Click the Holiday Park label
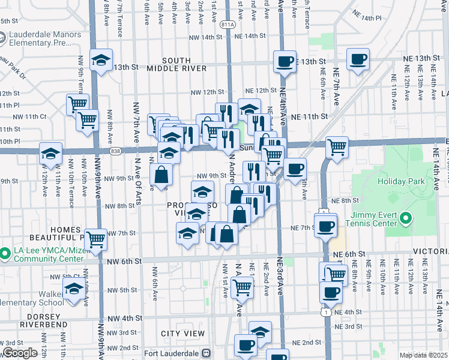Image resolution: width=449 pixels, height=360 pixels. [x=400, y=181]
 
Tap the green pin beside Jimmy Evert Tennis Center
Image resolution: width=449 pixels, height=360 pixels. [x=406, y=218]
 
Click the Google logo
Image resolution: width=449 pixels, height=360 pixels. [x=19, y=353]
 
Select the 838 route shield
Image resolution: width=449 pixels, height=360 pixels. [x=116, y=152]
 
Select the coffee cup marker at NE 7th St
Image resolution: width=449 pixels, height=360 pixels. [x=326, y=226]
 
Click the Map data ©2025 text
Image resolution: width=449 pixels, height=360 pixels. [x=424, y=355]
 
